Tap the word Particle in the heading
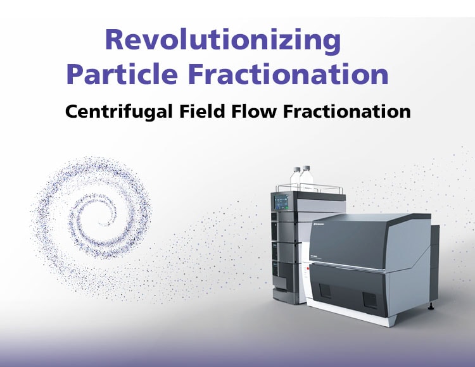pyautogui.click(x=122, y=75)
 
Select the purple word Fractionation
pyautogui.click(x=288, y=75)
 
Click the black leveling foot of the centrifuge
pyautogui.click(x=431, y=307)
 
